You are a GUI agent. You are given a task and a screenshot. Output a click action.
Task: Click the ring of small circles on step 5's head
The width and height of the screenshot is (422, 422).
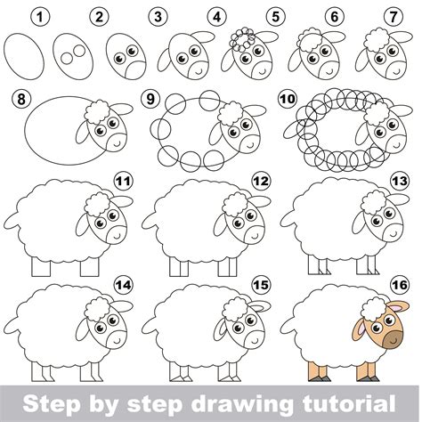click(243, 37)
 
